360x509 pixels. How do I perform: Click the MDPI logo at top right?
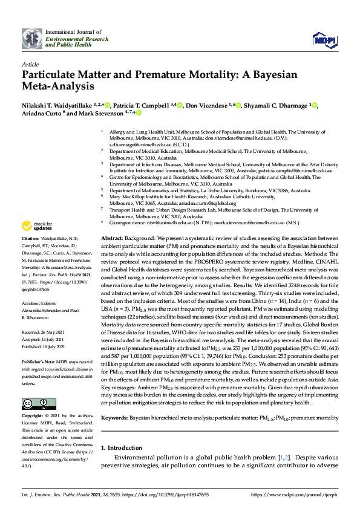click(325, 39)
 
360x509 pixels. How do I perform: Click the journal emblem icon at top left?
click(33, 39)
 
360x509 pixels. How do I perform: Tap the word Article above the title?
click(30, 63)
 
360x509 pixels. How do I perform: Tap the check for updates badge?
click(37, 227)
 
